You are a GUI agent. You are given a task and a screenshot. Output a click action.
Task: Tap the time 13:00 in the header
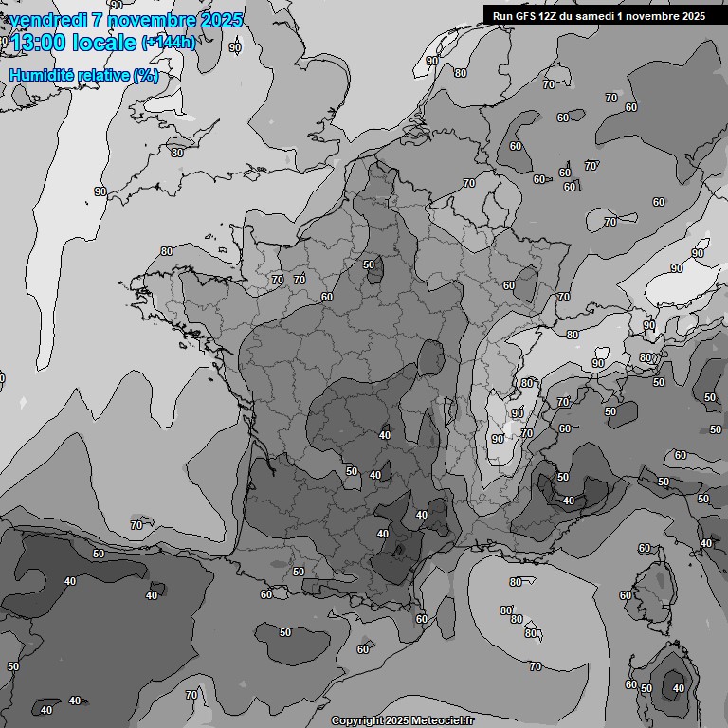pyautogui.click(x=37, y=43)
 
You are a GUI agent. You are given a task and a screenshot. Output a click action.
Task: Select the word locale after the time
pyautogui.click(x=103, y=43)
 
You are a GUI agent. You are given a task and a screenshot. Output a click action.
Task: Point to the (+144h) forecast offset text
pyautogui.click(x=168, y=43)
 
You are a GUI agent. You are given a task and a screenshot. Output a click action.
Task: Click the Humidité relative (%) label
pyautogui.click(x=83, y=76)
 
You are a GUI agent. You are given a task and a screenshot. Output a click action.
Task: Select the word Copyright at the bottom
pyautogui.click(x=357, y=720)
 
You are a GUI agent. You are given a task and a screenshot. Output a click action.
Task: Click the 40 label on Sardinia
pyautogui.click(x=678, y=688)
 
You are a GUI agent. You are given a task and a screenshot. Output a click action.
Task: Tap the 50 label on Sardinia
pyautogui.click(x=646, y=688)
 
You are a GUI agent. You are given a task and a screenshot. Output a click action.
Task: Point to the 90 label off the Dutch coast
pyautogui.click(x=432, y=61)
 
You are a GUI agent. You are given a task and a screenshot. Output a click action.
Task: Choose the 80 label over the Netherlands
pyautogui.click(x=460, y=73)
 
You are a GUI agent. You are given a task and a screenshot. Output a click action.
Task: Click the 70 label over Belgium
pyautogui.click(x=469, y=183)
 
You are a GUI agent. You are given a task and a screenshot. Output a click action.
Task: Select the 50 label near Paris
pyautogui.click(x=370, y=264)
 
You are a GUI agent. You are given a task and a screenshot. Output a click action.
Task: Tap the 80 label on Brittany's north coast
pyautogui.click(x=167, y=251)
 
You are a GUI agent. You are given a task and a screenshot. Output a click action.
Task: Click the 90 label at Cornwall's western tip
pyautogui.click(x=100, y=191)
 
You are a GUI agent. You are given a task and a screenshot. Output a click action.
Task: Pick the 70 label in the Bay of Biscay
pyautogui.click(x=136, y=524)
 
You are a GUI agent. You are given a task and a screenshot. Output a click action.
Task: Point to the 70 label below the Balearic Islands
pyautogui.click(x=192, y=695)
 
